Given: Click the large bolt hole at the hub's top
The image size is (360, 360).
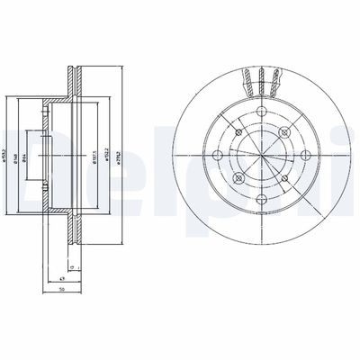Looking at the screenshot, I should tap(259, 112).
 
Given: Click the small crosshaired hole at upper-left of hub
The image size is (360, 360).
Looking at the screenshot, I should tap(238, 131).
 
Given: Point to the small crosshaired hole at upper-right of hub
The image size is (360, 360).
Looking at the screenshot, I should tap(281, 131).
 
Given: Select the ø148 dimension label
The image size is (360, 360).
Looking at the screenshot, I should tap(30, 150).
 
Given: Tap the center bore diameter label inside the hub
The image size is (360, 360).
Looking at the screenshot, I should tap(40, 150).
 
